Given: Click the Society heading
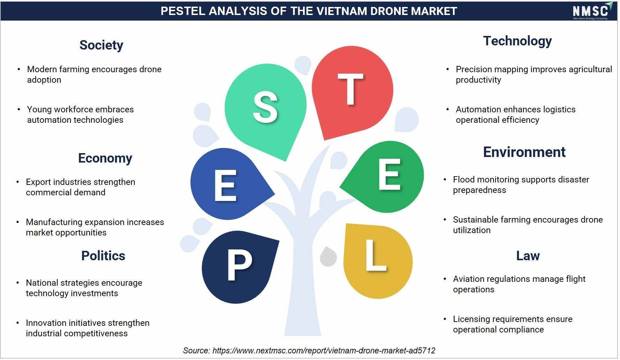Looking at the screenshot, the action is pos(101,45).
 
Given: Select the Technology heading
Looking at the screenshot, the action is pos(517,41).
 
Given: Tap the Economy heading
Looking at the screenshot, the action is pos(105,158).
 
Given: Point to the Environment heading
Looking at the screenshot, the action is pos(524,152).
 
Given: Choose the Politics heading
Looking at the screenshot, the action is pos(103,256).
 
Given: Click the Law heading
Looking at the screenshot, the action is pos(528,256).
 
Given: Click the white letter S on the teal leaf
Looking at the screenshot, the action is pos(265,107).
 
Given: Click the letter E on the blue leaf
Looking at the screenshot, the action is pos(225,186).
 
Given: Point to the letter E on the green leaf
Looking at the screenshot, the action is pos(390,174).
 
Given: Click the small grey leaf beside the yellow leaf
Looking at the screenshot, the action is pos(328,257).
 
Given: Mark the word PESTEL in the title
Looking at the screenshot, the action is pos(183,11).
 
